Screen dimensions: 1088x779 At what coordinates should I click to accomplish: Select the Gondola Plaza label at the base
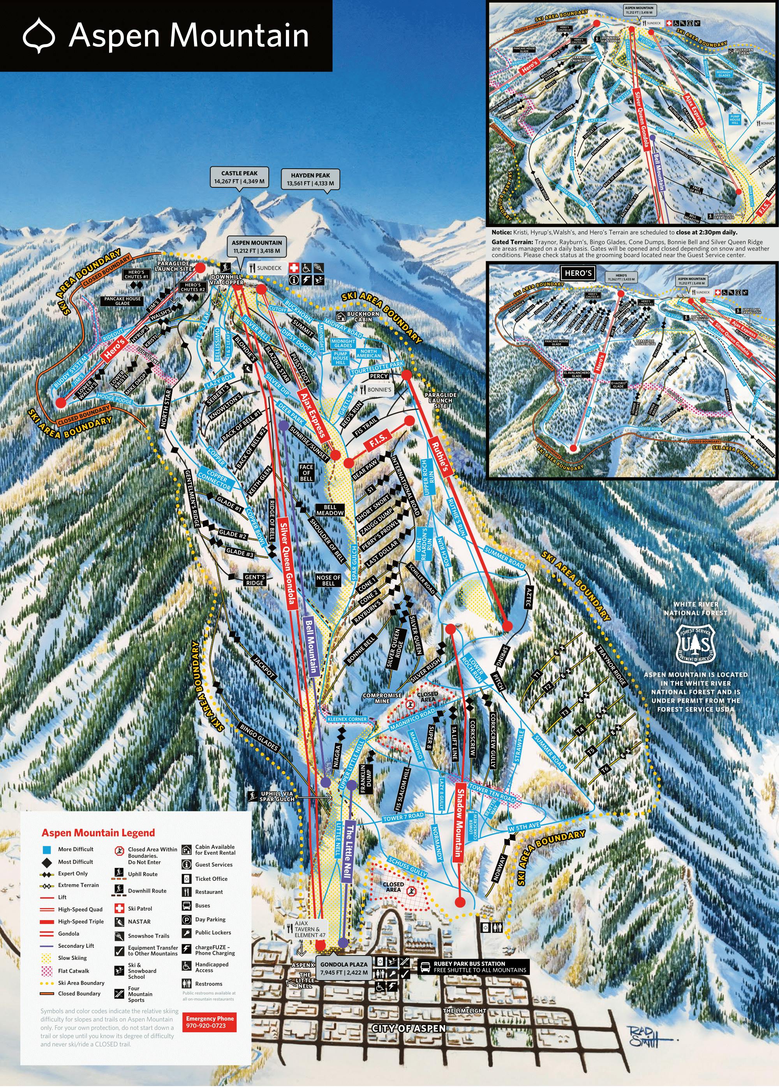tap(344, 968)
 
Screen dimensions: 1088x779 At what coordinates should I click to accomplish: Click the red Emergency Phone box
tap(210, 1022)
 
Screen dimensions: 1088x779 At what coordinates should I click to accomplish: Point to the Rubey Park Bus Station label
tap(474, 966)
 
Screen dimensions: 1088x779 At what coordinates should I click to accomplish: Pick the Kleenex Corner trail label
tap(346, 719)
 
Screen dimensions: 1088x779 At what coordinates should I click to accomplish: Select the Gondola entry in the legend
tap(69, 933)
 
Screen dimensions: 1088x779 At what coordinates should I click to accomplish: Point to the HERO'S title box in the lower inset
tap(578, 273)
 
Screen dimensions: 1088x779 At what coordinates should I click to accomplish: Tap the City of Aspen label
tap(409, 1028)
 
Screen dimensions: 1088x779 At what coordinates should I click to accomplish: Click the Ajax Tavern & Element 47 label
tap(309, 929)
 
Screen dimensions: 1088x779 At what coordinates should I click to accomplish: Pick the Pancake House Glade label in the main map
tap(122, 301)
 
